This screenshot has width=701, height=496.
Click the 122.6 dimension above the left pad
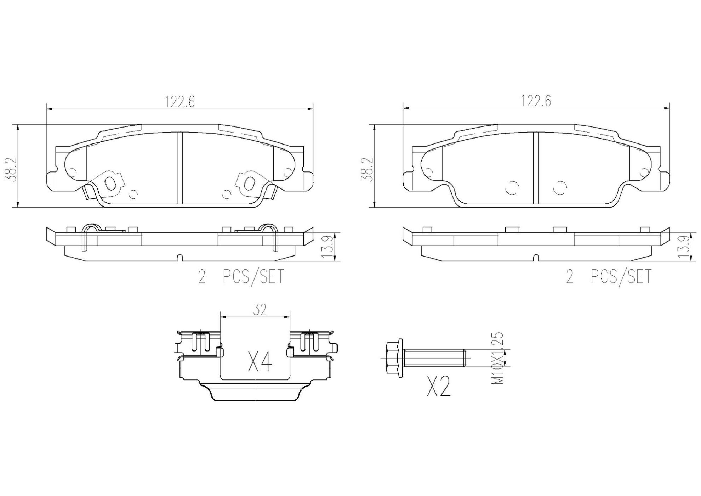179,102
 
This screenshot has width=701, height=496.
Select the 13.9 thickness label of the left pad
327,247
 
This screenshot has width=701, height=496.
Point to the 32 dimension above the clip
260,310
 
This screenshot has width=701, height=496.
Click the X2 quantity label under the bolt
439,386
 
